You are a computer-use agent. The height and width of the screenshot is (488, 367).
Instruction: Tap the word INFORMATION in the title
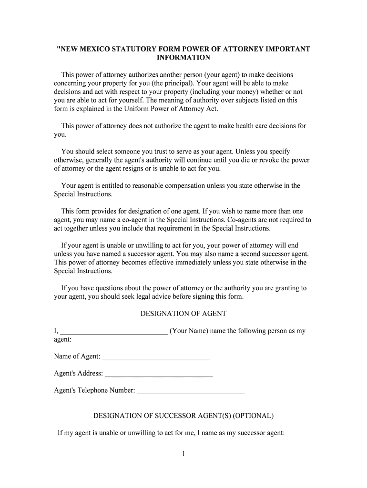183,58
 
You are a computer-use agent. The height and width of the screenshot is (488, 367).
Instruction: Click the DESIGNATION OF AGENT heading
183,314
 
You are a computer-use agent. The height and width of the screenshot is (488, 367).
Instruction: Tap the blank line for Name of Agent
156,358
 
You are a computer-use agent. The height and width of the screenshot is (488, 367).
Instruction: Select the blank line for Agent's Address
159,376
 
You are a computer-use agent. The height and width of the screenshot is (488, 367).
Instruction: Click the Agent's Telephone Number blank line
191,393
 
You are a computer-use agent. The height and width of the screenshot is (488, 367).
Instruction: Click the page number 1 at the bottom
183,454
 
